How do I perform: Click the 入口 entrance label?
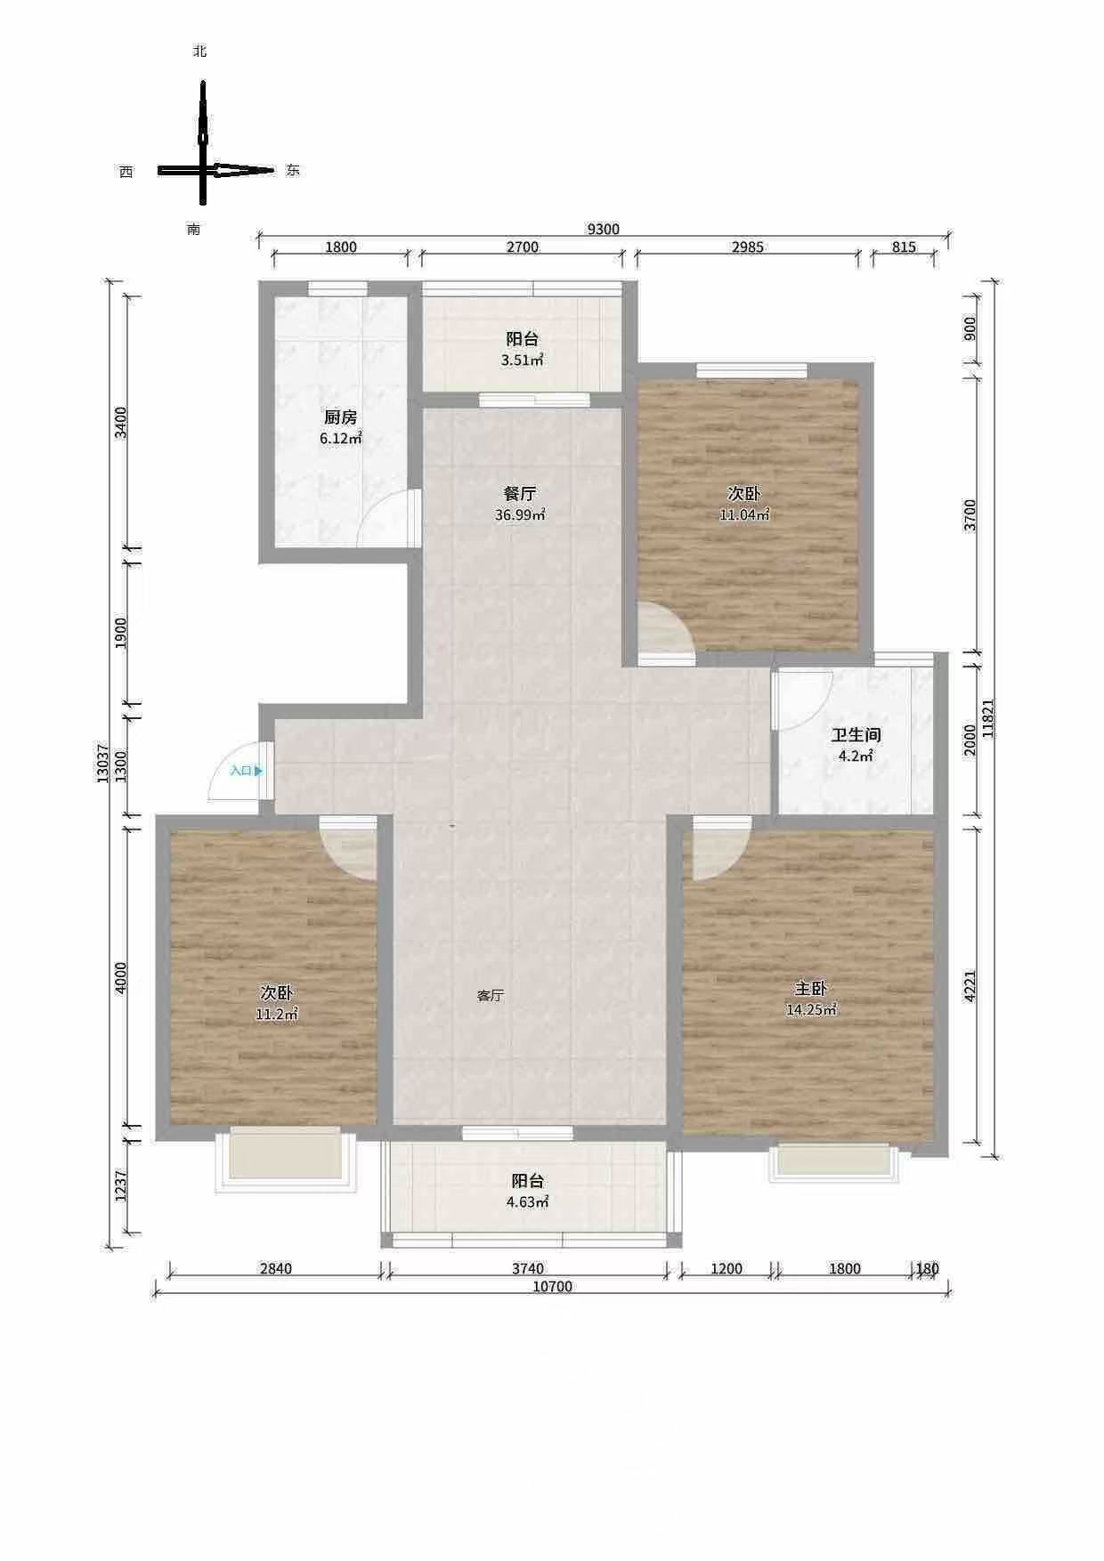(x=240, y=771)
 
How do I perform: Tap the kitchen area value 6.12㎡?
(x=341, y=438)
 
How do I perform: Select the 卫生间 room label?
(x=856, y=736)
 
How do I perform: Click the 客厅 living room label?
(x=491, y=995)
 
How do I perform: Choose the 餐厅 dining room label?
(x=519, y=494)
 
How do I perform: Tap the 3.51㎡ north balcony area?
(x=523, y=360)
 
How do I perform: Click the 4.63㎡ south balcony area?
(x=528, y=1201)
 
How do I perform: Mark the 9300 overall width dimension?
(x=603, y=229)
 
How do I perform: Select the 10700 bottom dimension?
(x=552, y=1286)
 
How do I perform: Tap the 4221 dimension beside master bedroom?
(x=970, y=985)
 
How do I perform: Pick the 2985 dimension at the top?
(x=748, y=247)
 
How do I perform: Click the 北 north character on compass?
(x=200, y=52)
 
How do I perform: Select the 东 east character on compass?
(x=293, y=170)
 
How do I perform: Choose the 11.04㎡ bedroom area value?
(x=744, y=514)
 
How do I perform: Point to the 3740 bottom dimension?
(x=528, y=1268)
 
